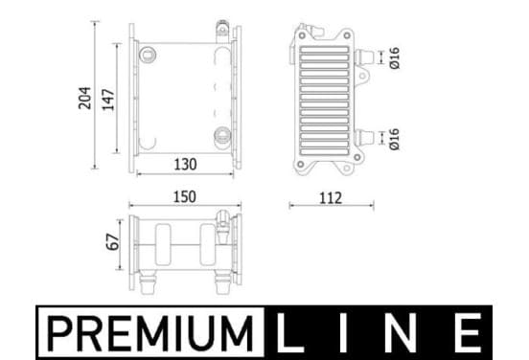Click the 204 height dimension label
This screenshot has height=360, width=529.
85,98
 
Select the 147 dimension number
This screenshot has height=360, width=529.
108,100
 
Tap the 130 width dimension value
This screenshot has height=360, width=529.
185,165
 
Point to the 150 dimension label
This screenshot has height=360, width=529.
185,197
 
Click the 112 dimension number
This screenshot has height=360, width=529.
331,198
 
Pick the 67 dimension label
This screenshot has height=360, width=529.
113,241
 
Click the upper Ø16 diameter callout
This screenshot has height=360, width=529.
395,58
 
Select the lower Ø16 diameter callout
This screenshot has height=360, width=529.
395,139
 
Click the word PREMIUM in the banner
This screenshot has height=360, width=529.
150,333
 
